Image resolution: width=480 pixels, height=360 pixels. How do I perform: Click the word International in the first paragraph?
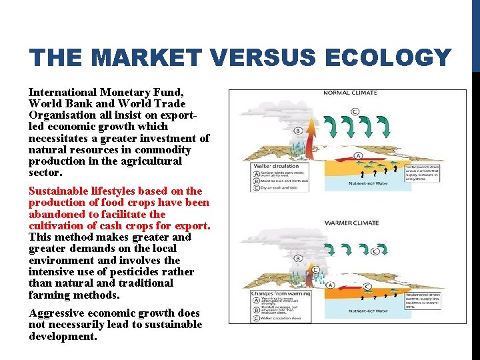coord(62,92)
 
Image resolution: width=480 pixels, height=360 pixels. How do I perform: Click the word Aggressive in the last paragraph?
coord(58,313)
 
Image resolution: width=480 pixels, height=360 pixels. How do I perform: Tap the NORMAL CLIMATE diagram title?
coord(351,93)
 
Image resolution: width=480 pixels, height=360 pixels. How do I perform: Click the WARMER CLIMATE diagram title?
coord(351,223)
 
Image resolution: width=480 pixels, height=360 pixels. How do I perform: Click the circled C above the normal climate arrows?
coord(355,111)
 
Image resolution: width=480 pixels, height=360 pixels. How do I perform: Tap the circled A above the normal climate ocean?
coord(358,155)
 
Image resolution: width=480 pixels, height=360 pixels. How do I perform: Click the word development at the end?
coord(62,336)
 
